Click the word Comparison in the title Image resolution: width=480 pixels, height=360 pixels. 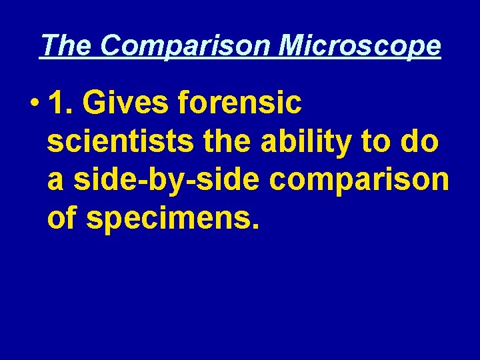[187, 46]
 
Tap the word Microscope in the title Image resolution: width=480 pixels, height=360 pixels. [359, 46]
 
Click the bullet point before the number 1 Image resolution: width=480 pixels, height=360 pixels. [33, 104]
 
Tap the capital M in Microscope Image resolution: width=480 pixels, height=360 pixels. [292, 46]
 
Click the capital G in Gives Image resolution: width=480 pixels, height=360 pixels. [101, 103]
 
